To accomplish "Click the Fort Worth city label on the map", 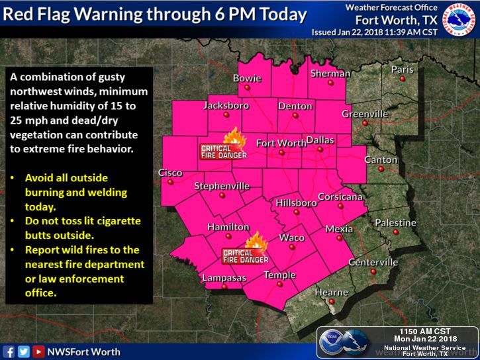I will pos(281,143).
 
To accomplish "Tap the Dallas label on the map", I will pos(320,140).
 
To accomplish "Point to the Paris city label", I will pos(402,69).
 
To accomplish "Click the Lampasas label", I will pos(224,277).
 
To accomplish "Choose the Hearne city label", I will pos(331,292).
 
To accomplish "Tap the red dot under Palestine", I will pos(395,232).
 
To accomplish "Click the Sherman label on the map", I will pos(330,73).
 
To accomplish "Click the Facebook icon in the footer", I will pos(9,351).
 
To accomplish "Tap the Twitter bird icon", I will pos(24,351).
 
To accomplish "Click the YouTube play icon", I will pos(38,351).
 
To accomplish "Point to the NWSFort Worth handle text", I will pos(83,351).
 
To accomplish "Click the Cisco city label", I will pos(170,173).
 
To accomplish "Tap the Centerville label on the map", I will pos(373,263).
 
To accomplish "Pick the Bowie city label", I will pos(248,79).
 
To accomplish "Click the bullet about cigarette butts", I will pos(83,227).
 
